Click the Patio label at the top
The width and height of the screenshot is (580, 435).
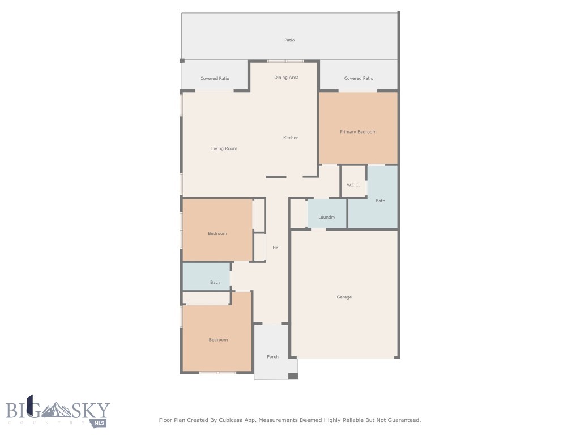(289, 40)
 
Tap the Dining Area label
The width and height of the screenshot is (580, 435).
(286, 78)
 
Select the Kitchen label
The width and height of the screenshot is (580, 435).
(291, 138)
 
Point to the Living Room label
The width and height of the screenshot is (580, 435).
(224, 148)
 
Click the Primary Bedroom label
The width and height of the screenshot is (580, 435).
(358, 132)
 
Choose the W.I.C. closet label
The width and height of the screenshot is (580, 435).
(353, 185)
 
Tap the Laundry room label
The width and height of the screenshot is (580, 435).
(327, 217)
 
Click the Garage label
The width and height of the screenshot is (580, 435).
(344, 297)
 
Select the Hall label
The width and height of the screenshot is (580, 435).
(276, 248)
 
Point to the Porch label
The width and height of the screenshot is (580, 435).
(272, 357)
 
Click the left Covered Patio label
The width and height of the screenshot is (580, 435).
(215, 79)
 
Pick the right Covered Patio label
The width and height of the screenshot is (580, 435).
(359, 79)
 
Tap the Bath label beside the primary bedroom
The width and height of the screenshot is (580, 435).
(380, 201)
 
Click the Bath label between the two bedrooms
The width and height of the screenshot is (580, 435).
(215, 282)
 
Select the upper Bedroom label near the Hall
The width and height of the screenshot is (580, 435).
(217, 233)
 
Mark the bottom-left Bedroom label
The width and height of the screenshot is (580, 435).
(218, 340)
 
